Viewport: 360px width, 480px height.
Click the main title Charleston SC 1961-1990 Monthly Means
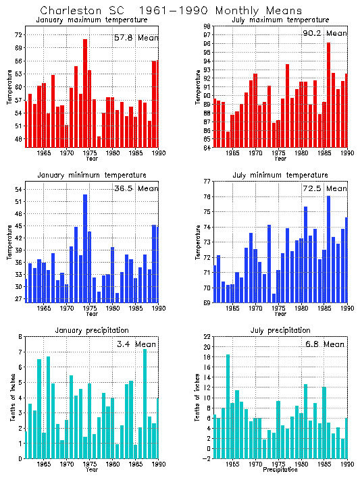coord(161,11)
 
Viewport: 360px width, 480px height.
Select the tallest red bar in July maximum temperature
coord(328,95)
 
